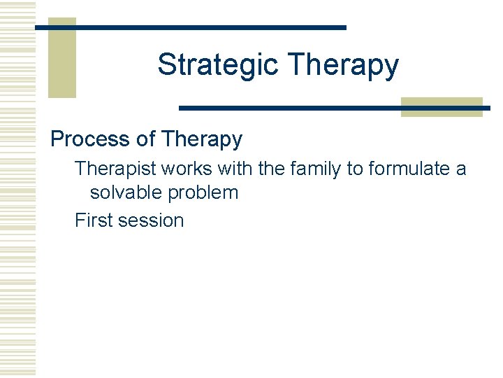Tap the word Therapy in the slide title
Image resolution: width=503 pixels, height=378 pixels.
[x=343, y=65]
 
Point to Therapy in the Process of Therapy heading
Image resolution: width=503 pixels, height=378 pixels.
[x=202, y=139]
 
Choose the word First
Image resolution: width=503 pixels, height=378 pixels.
[x=94, y=220]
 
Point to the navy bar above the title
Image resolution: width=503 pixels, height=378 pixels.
[x=210, y=27]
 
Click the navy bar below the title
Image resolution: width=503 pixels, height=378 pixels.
[x=293, y=108]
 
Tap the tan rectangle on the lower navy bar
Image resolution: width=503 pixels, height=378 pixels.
[x=442, y=107]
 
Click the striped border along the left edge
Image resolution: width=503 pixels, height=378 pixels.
[x=17, y=189]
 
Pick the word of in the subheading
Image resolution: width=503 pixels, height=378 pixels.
[x=146, y=139]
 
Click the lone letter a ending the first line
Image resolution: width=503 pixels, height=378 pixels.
[x=460, y=169]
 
